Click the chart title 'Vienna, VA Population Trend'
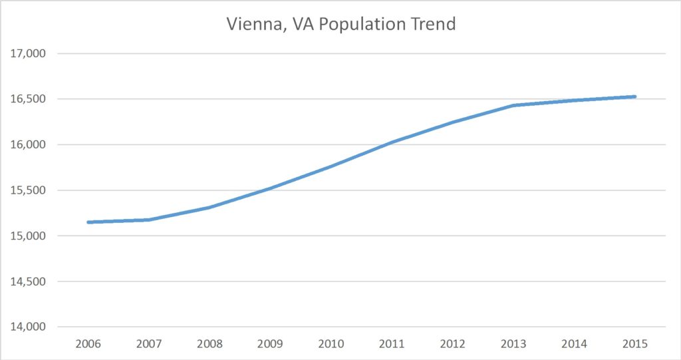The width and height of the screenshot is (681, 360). click(340, 25)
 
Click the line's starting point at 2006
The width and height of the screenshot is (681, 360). click(89, 222)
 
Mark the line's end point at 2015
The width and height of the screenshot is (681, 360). click(634, 96)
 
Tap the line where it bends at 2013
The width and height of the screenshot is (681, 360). click(513, 105)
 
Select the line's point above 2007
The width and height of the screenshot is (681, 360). click(150, 220)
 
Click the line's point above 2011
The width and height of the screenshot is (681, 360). click(392, 142)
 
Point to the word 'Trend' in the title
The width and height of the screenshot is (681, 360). click(434, 25)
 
